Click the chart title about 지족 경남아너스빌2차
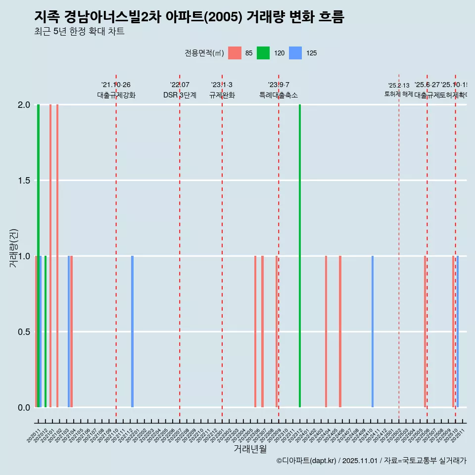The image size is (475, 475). (x=189, y=17)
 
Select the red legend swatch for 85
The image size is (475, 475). (x=235, y=53)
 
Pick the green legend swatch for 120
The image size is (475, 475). (x=263, y=53)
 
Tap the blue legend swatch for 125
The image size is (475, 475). (x=295, y=53)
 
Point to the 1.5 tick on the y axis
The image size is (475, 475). (x=24, y=181)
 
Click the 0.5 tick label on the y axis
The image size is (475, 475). (x=24, y=332)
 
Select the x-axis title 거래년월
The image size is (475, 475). (x=250, y=449)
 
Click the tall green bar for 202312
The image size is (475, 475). (x=300, y=256)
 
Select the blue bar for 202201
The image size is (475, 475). (x=132, y=332)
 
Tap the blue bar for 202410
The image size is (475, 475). (x=373, y=332)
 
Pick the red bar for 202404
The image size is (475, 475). (x=326, y=332)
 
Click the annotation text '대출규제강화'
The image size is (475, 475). (x=116, y=95)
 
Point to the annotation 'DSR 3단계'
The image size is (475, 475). (x=180, y=95)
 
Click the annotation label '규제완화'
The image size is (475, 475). (x=222, y=95)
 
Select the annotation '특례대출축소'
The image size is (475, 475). (x=278, y=95)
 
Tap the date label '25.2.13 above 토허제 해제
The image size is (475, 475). (x=398, y=86)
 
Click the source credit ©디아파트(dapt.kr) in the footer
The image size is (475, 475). (x=307, y=461)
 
